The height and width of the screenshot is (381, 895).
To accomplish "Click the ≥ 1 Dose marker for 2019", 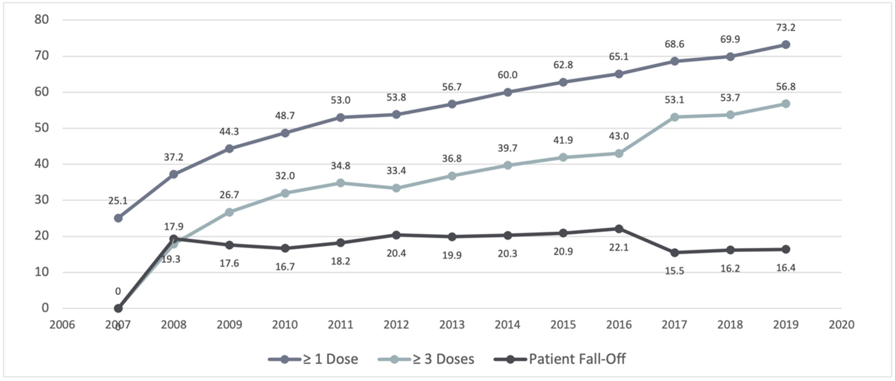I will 785,45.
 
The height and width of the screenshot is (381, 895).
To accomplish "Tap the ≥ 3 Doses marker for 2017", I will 674,117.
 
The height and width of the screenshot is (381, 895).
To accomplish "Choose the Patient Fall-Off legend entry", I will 560,359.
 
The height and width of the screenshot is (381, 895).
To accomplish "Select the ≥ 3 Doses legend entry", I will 426,359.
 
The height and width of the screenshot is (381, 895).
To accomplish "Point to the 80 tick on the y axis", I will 41,19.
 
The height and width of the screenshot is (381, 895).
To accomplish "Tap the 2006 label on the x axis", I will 62,325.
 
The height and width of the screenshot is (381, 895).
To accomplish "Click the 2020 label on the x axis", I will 841,325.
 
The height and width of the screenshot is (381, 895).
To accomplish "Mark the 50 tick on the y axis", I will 41,128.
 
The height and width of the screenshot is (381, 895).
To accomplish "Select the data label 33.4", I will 396,171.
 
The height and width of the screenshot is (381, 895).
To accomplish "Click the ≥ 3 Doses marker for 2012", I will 396,188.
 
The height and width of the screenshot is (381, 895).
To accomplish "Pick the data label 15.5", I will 674,271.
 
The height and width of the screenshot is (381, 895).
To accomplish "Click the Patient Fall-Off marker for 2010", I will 285,248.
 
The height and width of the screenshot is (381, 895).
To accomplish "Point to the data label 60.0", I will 507,75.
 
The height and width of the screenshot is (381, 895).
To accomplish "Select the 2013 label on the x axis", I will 452,325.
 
